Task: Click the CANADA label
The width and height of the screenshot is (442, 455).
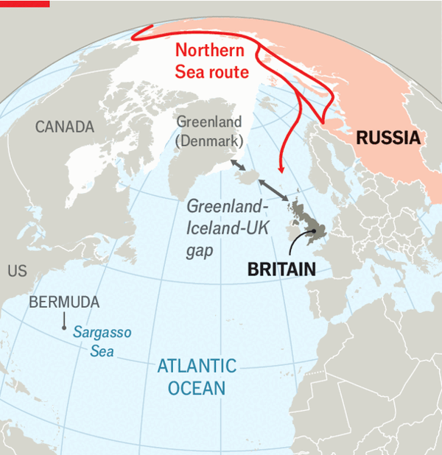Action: [65, 127]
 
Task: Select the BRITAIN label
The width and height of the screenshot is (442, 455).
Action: [282, 269]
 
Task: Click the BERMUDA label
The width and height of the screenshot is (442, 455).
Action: [64, 303]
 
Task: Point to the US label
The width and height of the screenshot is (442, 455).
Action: [17, 272]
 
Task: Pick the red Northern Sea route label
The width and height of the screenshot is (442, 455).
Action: [211, 61]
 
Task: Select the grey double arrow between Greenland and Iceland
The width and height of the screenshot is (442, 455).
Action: [238, 165]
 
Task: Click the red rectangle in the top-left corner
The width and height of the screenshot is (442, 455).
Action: [25, 4]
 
